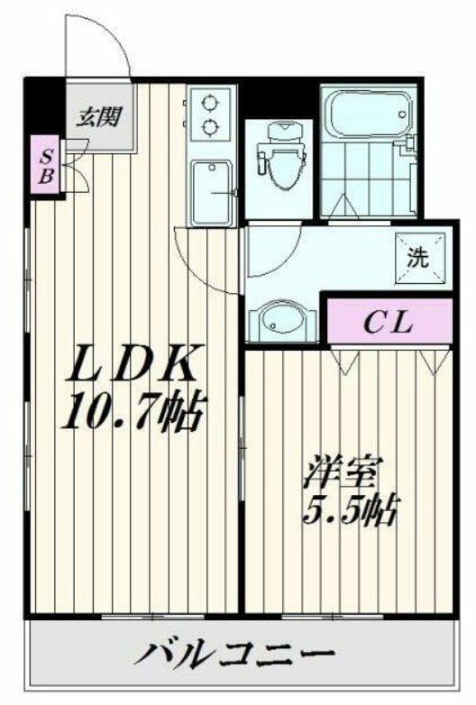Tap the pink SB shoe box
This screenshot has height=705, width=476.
pos(43,165)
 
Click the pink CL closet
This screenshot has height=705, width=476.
pos(388,322)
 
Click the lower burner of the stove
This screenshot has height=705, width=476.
pos(213,125)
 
